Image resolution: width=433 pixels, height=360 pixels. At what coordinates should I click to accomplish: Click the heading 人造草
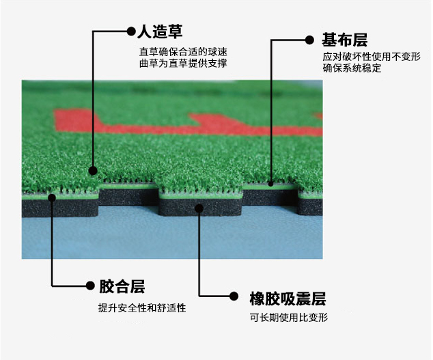click(x=160, y=31)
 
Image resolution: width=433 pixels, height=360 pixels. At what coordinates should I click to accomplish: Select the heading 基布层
click(x=345, y=40)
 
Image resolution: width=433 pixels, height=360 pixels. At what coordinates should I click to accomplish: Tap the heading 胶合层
click(x=122, y=286)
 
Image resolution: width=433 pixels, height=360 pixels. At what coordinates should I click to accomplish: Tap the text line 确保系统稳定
click(x=352, y=69)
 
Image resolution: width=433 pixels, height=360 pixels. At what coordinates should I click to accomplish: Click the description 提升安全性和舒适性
click(x=142, y=308)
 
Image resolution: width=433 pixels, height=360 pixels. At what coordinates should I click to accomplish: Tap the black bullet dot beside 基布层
click(x=316, y=40)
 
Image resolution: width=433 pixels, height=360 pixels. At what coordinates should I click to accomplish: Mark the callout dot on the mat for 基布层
click(x=272, y=183)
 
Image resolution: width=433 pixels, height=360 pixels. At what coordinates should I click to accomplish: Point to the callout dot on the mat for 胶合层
click(x=53, y=197)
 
